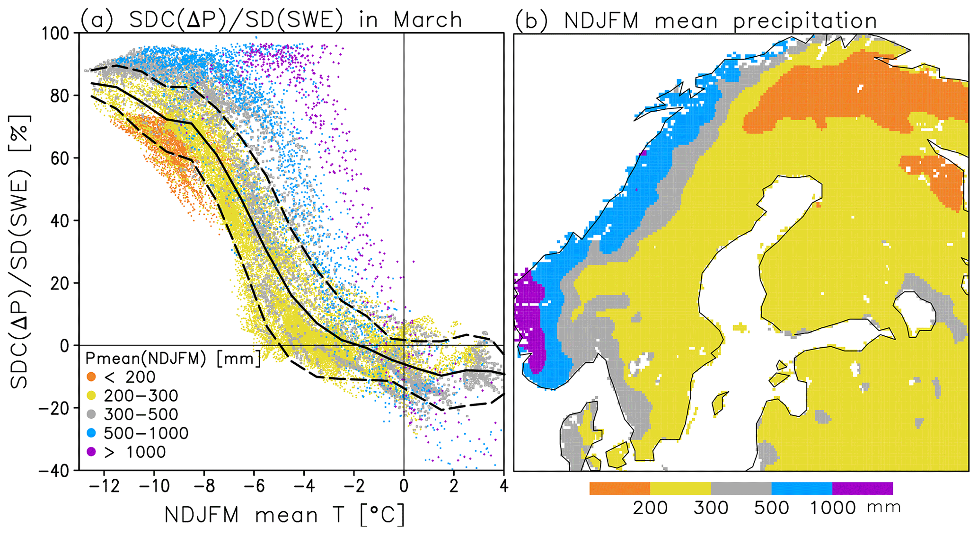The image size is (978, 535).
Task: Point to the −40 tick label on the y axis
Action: coord(53,470)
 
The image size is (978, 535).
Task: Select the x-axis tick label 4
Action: coord(503,486)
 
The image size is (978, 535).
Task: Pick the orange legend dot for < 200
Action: coord(91,377)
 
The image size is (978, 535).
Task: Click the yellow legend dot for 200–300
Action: coord(91,396)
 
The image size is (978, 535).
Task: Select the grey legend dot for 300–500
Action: coord(91,415)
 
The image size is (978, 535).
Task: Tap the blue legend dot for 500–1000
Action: coord(91,433)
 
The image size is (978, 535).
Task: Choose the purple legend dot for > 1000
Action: coord(91,452)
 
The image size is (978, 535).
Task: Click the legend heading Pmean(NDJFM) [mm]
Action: coord(173,359)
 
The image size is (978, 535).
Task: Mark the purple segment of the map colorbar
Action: coord(862,488)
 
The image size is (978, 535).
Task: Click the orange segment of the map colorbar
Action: coord(619,488)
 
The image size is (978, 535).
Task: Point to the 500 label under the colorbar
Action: coord(771,508)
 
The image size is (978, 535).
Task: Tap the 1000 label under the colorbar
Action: coord(833,508)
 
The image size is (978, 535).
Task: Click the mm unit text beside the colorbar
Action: coord(884,508)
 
